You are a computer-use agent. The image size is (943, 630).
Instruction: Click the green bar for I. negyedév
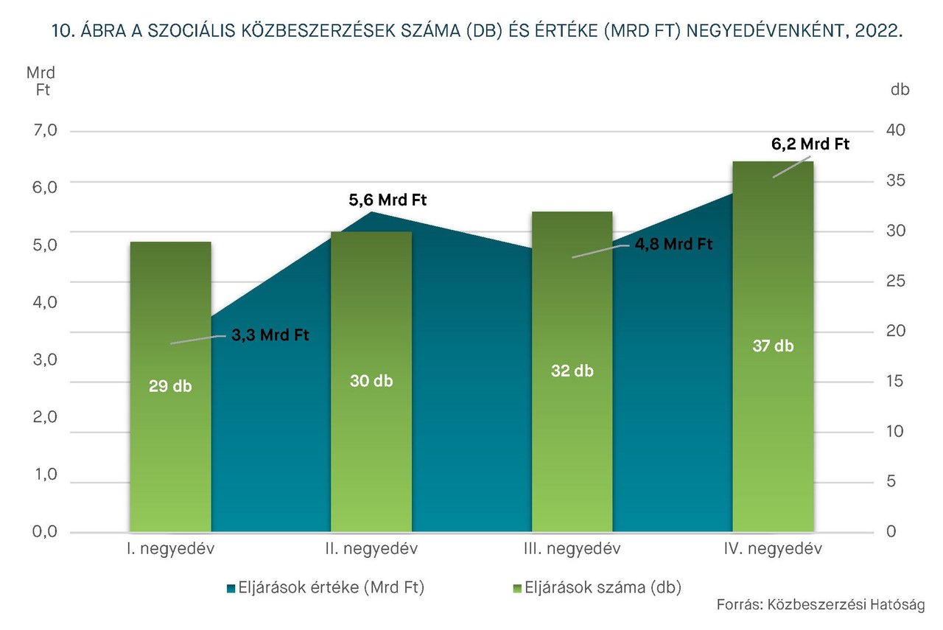[170, 442]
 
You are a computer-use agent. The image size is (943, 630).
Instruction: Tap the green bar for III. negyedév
[572, 442]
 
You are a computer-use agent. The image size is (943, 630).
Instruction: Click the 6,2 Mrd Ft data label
[810, 144]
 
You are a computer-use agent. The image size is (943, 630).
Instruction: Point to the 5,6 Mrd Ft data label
[388, 200]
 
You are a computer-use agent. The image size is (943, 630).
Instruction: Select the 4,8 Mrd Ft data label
[673, 244]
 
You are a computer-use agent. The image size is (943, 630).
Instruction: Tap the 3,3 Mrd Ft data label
[270, 335]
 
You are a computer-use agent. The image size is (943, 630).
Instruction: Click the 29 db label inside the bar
[170, 385]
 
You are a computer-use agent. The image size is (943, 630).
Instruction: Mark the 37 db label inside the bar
[773, 346]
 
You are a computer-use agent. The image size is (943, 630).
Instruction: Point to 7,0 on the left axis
[42, 131]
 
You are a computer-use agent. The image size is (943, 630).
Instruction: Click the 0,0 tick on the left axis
[42, 532]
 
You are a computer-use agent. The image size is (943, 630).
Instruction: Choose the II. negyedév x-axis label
[371, 549]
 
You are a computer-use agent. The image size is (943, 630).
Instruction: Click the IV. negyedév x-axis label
[773, 549]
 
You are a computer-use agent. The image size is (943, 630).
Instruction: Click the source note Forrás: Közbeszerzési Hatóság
[820, 606]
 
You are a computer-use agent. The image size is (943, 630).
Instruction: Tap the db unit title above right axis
[900, 90]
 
